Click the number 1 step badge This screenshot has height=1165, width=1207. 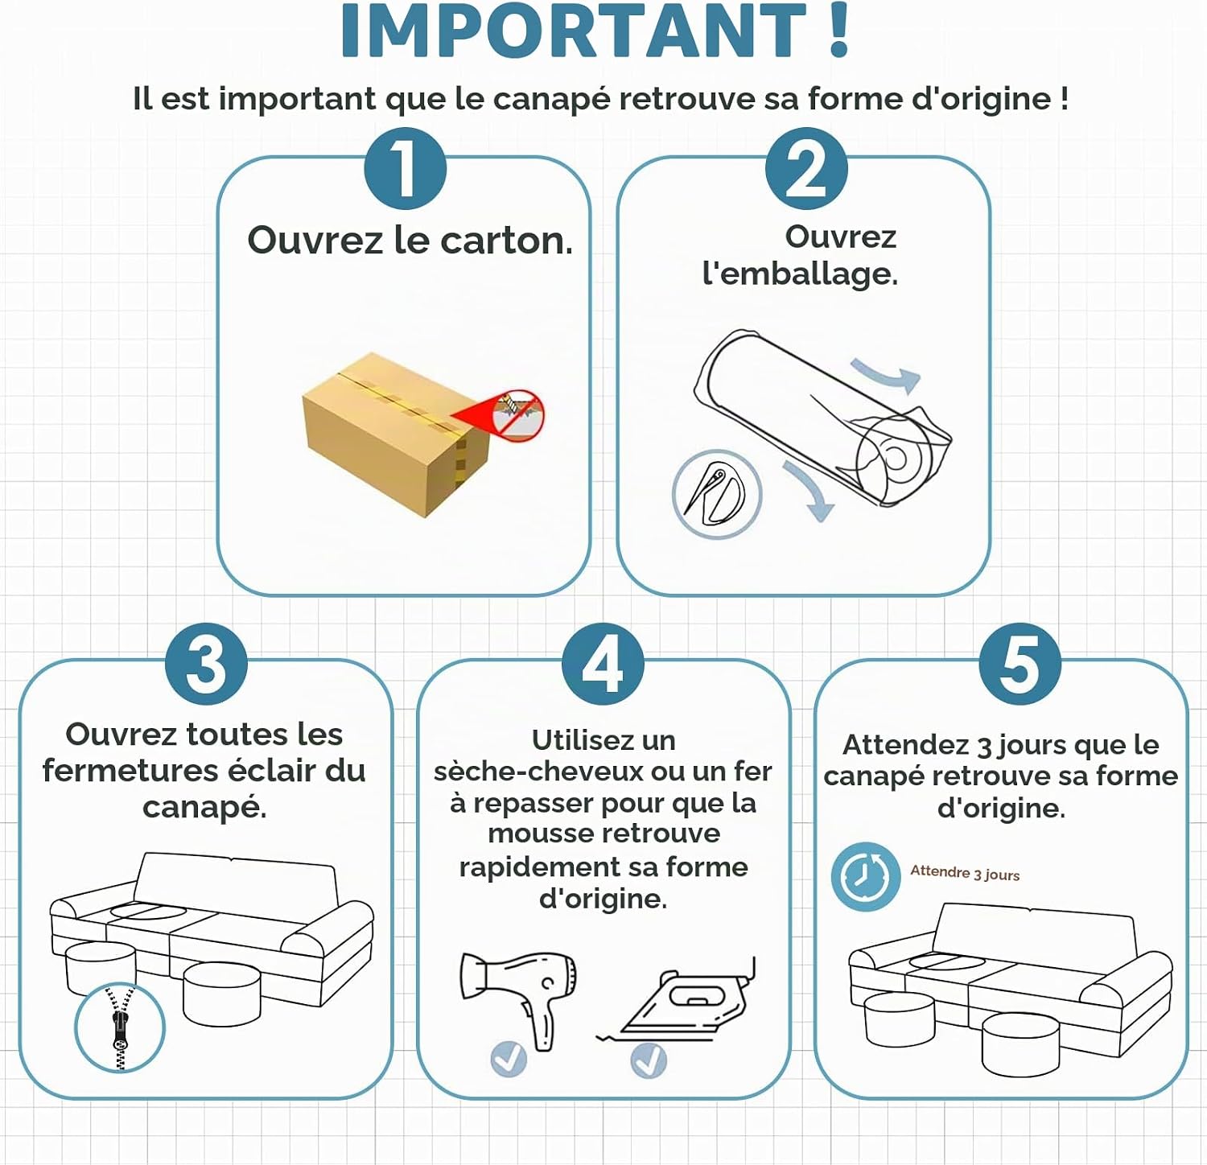(x=405, y=169)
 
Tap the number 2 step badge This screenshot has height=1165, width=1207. (x=806, y=169)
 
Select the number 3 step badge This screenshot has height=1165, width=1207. (x=207, y=665)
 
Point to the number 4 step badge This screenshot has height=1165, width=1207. (x=603, y=665)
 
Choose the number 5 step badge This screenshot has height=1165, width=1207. (x=1020, y=665)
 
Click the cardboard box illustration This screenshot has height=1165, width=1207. (x=395, y=434)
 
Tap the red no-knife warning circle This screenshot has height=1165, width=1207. (x=519, y=416)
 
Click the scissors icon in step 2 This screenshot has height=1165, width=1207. (x=716, y=494)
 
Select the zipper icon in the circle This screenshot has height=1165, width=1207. (x=120, y=1027)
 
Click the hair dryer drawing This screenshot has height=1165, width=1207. (x=518, y=998)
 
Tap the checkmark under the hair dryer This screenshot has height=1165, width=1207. (x=509, y=1059)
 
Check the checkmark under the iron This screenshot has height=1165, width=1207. (x=649, y=1060)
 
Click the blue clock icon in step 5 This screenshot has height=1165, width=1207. (x=866, y=877)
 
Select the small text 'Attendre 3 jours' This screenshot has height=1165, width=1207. (x=965, y=873)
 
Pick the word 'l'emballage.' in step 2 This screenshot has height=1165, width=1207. (x=800, y=274)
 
